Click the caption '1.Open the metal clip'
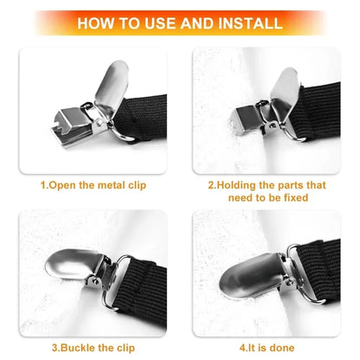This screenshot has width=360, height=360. click(x=93, y=184)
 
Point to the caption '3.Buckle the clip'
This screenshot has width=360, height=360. click(x=93, y=348)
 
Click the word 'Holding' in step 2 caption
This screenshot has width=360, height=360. click(x=239, y=184)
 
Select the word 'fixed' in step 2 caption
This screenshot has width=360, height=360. click(x=292, y=197)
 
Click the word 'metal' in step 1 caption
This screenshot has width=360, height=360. click(x=107, y=184)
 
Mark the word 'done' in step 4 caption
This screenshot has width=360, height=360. click(x=280, y=348)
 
